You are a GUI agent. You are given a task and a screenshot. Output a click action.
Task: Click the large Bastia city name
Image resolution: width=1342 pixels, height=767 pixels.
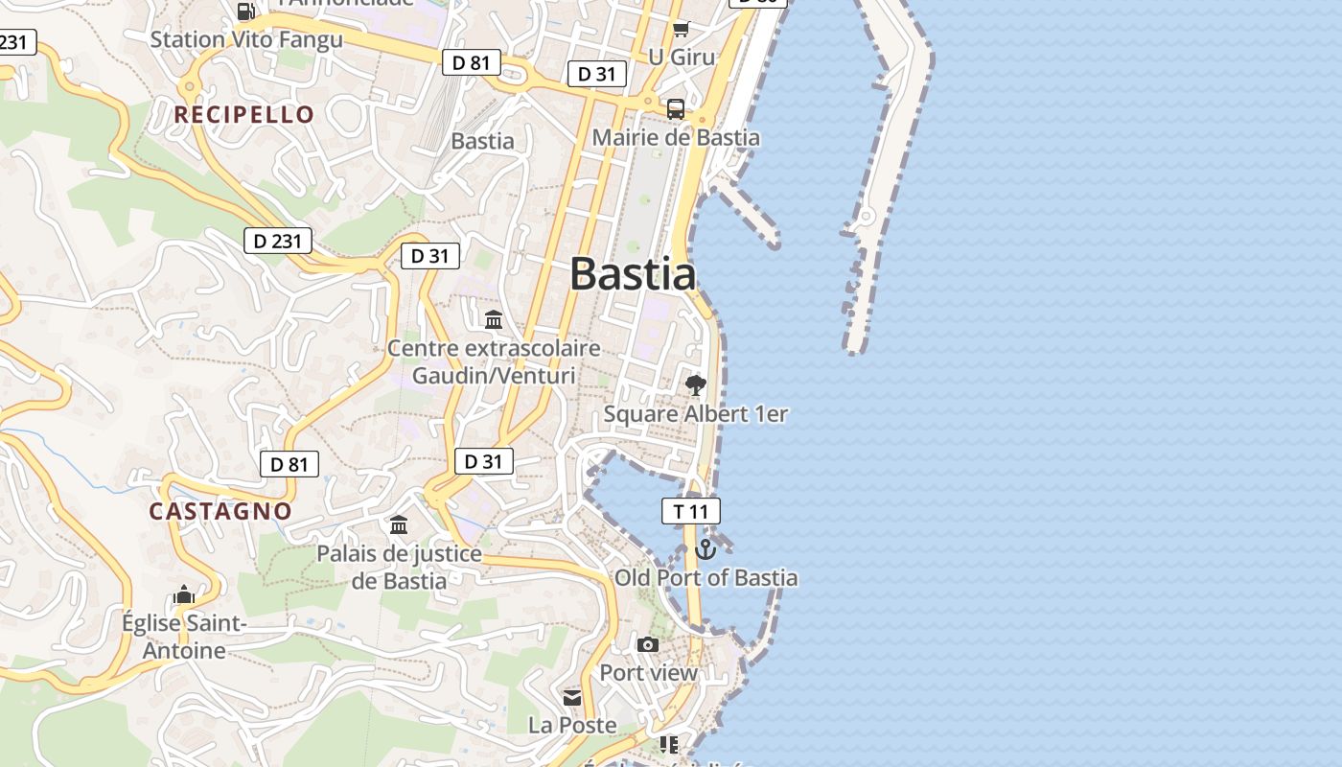pyautogui.click(x=633, y=274)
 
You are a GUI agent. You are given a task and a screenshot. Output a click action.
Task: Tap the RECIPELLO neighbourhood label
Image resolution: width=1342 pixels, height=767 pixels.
pyautogui.click(x=243, y=115)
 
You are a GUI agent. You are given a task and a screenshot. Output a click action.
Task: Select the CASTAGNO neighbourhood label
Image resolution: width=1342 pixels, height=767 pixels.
pyautogui.click(x=220, y=511)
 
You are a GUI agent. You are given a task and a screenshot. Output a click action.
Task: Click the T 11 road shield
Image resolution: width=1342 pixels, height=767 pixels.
pyautogui.click(x=690, y=511)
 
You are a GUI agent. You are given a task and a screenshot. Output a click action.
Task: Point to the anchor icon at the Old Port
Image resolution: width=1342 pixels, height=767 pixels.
pyautogui.click(x=706, y=549)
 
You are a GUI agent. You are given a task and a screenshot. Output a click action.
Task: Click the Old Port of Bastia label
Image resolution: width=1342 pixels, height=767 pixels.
pyautogui.click(x=706, y=577)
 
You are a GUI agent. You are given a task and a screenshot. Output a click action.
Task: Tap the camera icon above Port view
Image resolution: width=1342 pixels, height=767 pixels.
pyautogui.click(x=648, y=644)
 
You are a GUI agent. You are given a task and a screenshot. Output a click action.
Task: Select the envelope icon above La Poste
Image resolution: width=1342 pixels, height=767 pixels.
pyautogui.click(x=572, y=697)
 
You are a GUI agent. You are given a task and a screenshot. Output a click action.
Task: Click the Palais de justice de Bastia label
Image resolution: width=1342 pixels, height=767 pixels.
pyautogui.click(x=399, y=567)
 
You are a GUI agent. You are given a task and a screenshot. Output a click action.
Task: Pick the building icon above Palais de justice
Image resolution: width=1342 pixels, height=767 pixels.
pyautogui.click(x=399, y=524)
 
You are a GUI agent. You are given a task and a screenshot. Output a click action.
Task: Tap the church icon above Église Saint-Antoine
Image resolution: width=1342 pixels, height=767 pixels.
pyautogui.click(x=184, y=595)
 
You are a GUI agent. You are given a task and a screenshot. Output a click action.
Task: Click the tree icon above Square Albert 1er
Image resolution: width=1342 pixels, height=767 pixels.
pyautogui.click(x=696, y=385)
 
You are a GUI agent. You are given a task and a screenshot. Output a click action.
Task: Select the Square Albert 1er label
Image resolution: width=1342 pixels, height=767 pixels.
pyautogui.click(x=695, y=414)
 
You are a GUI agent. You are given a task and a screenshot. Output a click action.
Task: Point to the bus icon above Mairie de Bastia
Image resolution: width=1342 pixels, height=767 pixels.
pyautogui.click(x=676, y=108)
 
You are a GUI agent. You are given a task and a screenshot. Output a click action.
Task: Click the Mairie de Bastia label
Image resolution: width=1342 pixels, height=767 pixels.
pyautogui.click(x=676, y=137)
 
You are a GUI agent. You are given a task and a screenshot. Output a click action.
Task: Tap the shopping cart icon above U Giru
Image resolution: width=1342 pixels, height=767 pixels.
pyautogui.click(x=681, y=29)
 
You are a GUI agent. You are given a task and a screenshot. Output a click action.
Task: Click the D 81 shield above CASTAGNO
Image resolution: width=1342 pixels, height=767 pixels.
pyautogui.click(x=289, y=465)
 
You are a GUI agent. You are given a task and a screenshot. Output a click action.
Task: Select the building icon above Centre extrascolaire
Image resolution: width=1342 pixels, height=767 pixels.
pyautogui.click(x=494, y=319)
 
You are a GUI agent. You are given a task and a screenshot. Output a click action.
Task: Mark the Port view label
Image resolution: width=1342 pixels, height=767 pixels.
pyautogui.click(x=649, y=673)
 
